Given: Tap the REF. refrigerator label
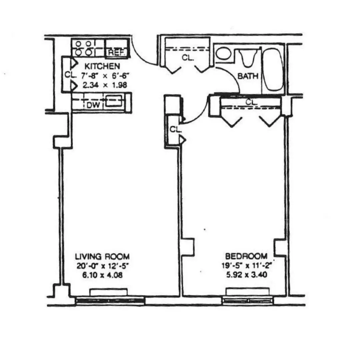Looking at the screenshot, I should (116, 52).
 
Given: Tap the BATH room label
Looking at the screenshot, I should (248, 76).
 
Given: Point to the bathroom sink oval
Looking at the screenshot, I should (223, 53).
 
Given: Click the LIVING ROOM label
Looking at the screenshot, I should (102, 257).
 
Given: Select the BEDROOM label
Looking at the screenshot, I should (246, 256).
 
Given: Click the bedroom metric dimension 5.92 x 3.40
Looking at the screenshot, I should (246, 275).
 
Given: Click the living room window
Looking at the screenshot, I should (110, 301).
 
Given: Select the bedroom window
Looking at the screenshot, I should (248, 301).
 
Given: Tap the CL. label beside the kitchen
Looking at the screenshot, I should (71, 75).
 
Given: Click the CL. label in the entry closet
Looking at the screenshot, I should (188, 58).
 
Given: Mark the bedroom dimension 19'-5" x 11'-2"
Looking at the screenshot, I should (246, 266).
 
